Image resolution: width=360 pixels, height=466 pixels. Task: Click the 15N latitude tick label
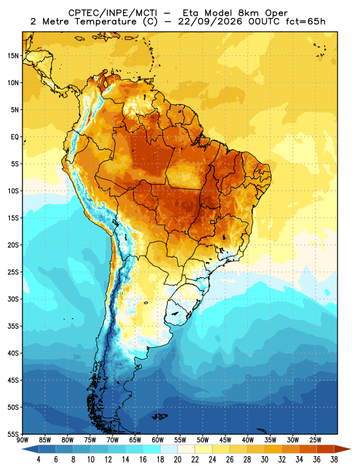[13, 55]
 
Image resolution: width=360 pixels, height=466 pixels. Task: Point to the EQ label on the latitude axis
[15, 137]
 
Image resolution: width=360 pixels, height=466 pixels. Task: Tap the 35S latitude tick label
[13, 326]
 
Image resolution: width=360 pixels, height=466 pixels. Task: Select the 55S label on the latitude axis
[13, 434]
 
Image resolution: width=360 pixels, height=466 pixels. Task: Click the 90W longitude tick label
[22, 440]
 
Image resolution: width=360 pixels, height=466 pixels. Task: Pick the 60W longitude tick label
[157, 440]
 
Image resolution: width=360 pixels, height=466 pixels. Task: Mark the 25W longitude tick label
[315, 440]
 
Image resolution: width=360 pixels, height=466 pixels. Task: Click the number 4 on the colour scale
[38, 460]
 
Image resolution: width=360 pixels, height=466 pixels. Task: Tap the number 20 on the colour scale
[178, 460]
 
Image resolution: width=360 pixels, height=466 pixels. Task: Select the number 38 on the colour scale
[334, 460]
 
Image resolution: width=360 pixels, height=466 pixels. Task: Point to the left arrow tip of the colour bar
[22, 449]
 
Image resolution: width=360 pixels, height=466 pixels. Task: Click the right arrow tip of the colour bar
[351, 449]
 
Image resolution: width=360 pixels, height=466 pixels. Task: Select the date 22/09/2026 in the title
[210, 22]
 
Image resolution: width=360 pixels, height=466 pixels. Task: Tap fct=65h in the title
[305, 22]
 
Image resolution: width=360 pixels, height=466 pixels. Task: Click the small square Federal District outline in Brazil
[213, 222]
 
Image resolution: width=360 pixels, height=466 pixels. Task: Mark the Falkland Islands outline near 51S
[160, 416]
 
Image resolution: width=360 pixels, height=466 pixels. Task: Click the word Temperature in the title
[105, 22]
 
